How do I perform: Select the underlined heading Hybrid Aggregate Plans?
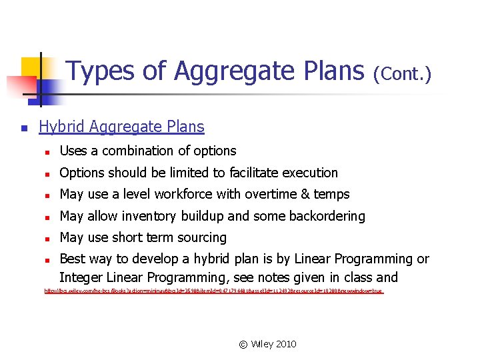point(121,127)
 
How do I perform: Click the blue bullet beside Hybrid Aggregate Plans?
point(23,127)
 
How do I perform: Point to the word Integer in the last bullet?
point(81,277)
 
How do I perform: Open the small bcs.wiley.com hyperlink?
point(213,291)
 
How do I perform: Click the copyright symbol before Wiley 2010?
point(243,344)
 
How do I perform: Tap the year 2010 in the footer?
point(285,344)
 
